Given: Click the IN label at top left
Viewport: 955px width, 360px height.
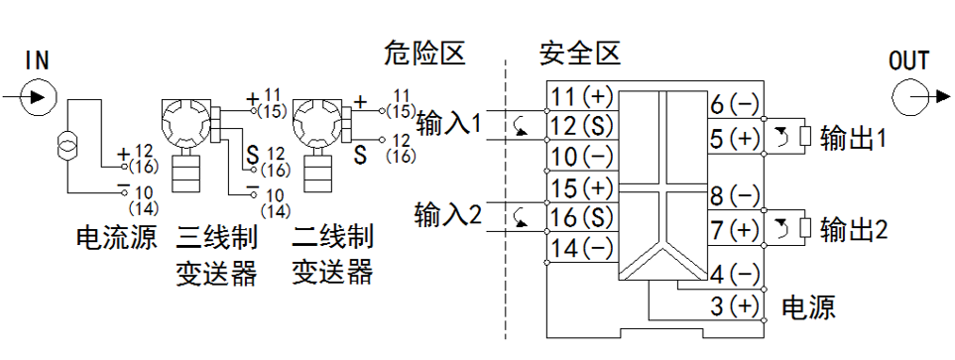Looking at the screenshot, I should click(37, 60).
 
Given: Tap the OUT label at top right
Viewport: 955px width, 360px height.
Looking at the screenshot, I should click(908, 60).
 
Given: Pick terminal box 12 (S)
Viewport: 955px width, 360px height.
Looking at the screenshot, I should click(581, 126).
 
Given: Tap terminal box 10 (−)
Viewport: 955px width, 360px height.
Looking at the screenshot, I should click(581, 156).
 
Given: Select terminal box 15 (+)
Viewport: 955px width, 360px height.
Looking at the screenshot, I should click(581, 186).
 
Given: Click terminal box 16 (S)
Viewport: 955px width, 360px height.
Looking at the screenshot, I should click(581, 216).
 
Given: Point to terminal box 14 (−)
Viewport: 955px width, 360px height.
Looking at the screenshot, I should click(581, 247).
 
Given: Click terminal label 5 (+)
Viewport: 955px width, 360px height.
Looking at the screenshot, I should click(735, 139).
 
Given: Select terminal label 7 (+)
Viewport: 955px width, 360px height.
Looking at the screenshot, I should click(735, 230).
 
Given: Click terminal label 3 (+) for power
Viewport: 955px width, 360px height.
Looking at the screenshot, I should click(735, 304).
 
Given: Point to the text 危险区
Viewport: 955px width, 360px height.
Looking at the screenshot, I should click(423, 53).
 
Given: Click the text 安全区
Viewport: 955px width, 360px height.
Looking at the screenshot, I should click(579, 53).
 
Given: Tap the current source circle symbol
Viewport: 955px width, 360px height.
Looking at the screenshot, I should click(67, 148).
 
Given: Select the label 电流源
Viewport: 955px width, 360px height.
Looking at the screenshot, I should click(116, 238).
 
